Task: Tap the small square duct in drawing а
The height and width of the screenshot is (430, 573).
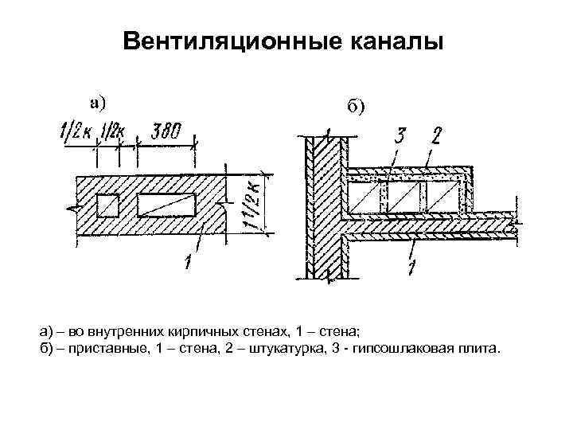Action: point(107,204)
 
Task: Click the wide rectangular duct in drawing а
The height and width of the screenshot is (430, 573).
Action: point(166,204)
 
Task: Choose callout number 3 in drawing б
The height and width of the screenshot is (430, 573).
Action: point(398,135)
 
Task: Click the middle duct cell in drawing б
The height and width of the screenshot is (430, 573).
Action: point(404,196)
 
